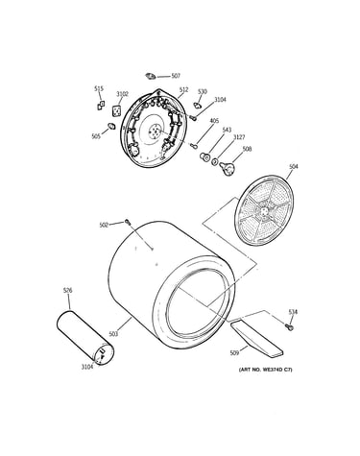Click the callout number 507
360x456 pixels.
[176, 76]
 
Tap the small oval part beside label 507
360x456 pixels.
[150, 76]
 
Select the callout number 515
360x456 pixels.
[99, 88]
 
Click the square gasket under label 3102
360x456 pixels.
[116, 110]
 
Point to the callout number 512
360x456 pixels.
[183, 90]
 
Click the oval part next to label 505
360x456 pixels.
[111, 126]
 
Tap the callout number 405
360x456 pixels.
[214, 121]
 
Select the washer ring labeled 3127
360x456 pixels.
[215, 161]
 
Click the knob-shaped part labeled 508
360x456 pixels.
[228, 168]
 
